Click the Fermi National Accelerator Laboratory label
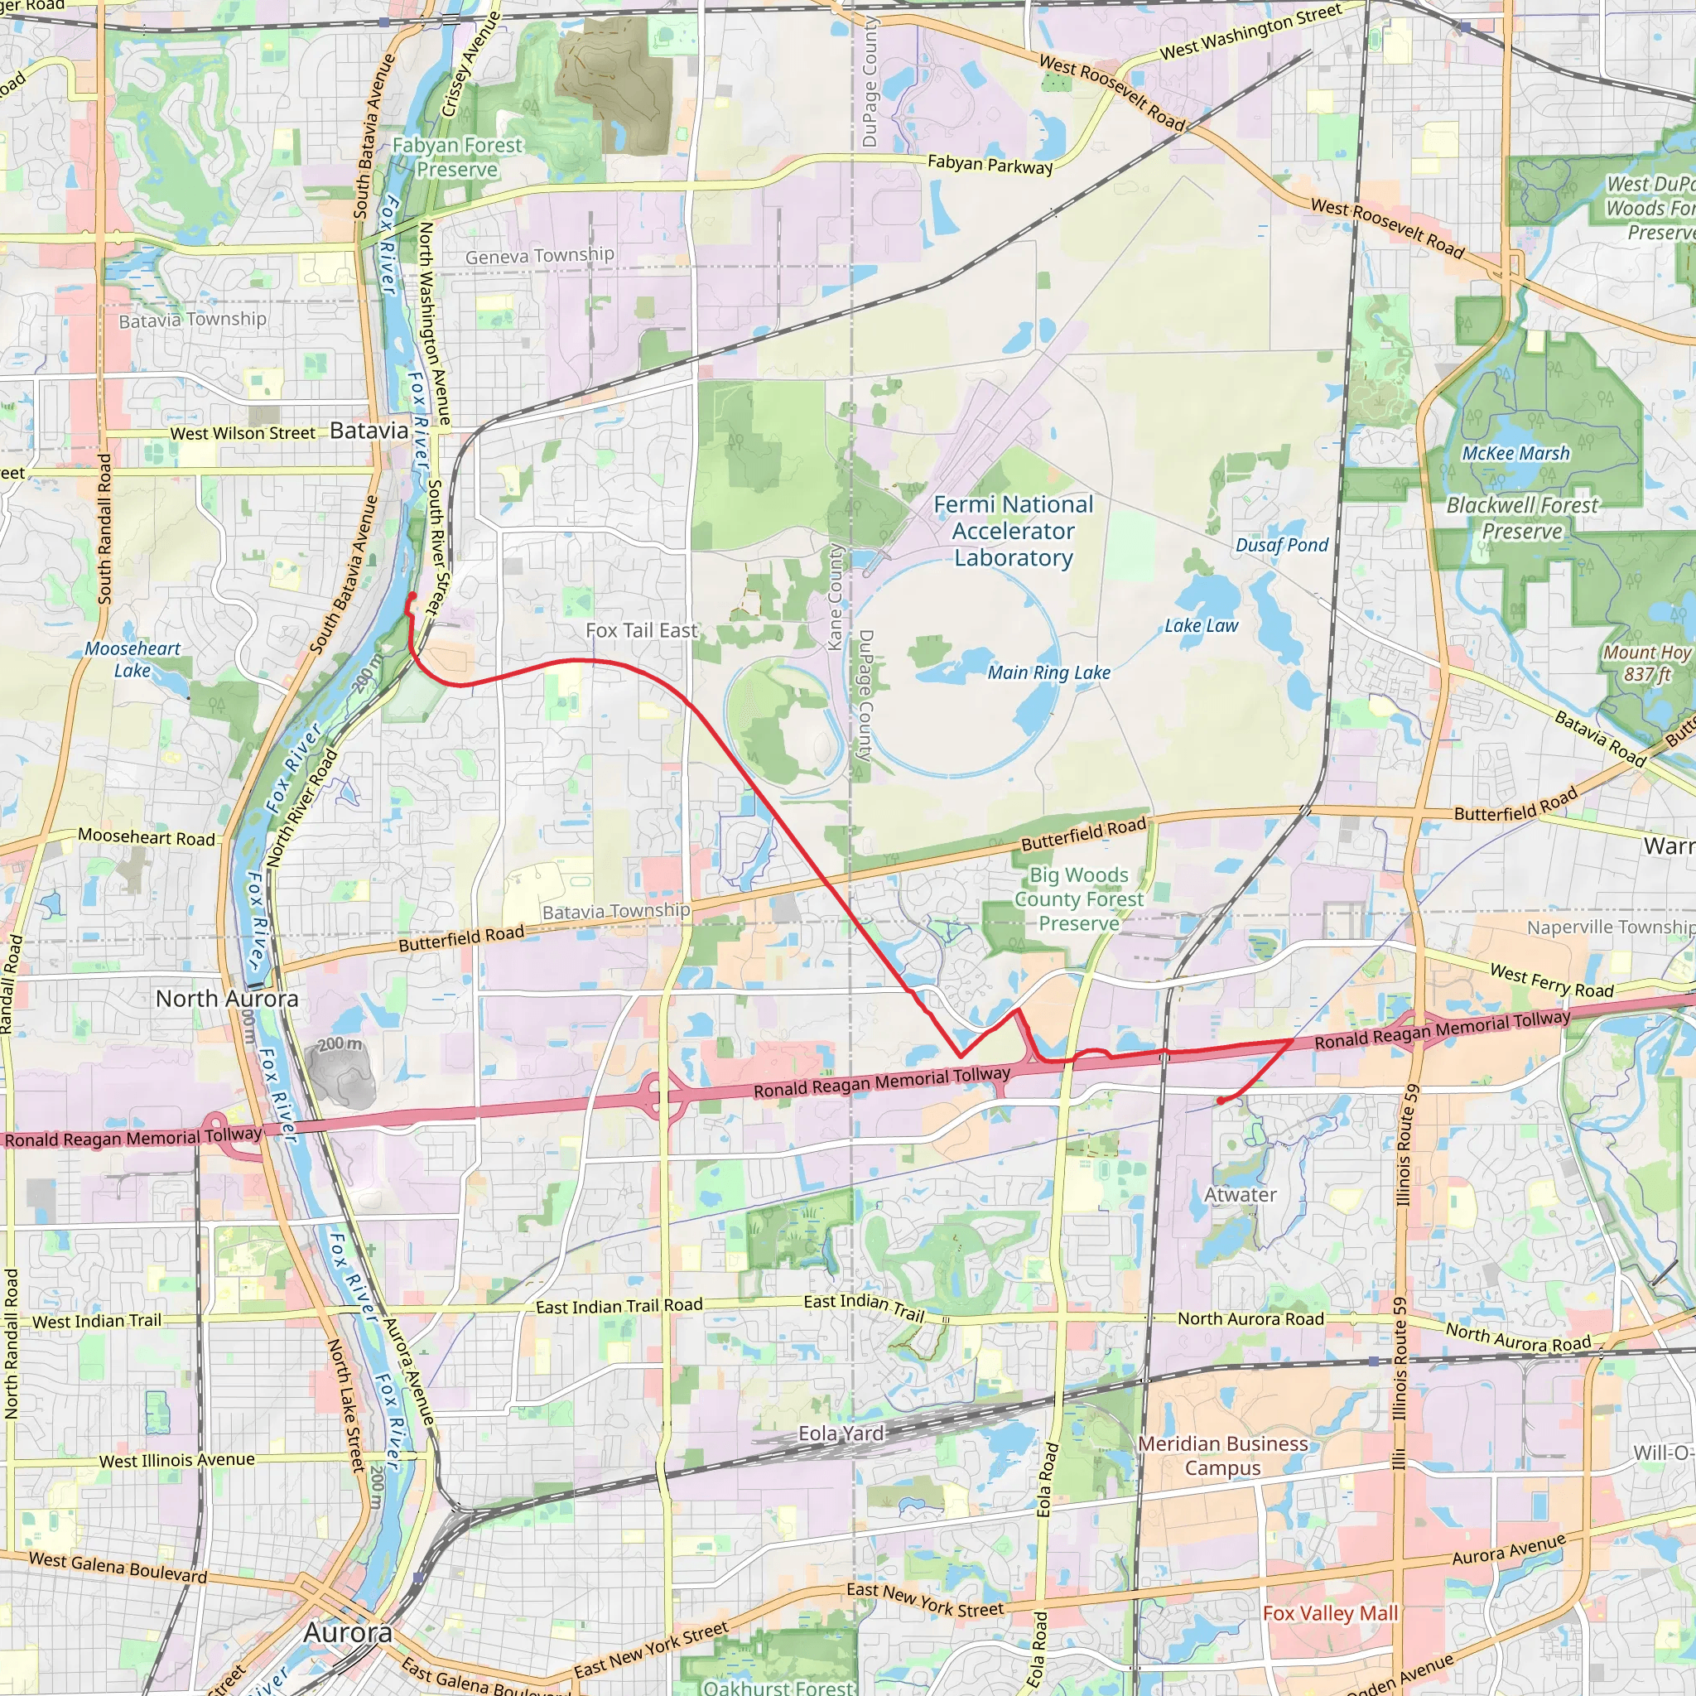coord(1013,531)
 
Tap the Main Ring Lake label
coord(1048,672)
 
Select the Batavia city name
coord(369,431)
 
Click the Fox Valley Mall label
coord(1330,1613)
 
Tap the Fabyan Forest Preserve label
coord(456,157)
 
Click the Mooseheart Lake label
coord(132,659)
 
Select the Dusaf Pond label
coord(1282,545)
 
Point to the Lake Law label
coord(1201,626)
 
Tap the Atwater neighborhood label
coord(1240,1195)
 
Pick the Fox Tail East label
coord(642,630)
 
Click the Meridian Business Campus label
coord(1223,1456)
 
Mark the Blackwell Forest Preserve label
coord(1522,518)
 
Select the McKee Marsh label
coord(1515,454)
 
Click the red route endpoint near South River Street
coord(412,597)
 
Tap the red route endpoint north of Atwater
coord(1220,1101)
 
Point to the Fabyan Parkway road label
coord(990,164)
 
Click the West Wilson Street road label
coord(243,434)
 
